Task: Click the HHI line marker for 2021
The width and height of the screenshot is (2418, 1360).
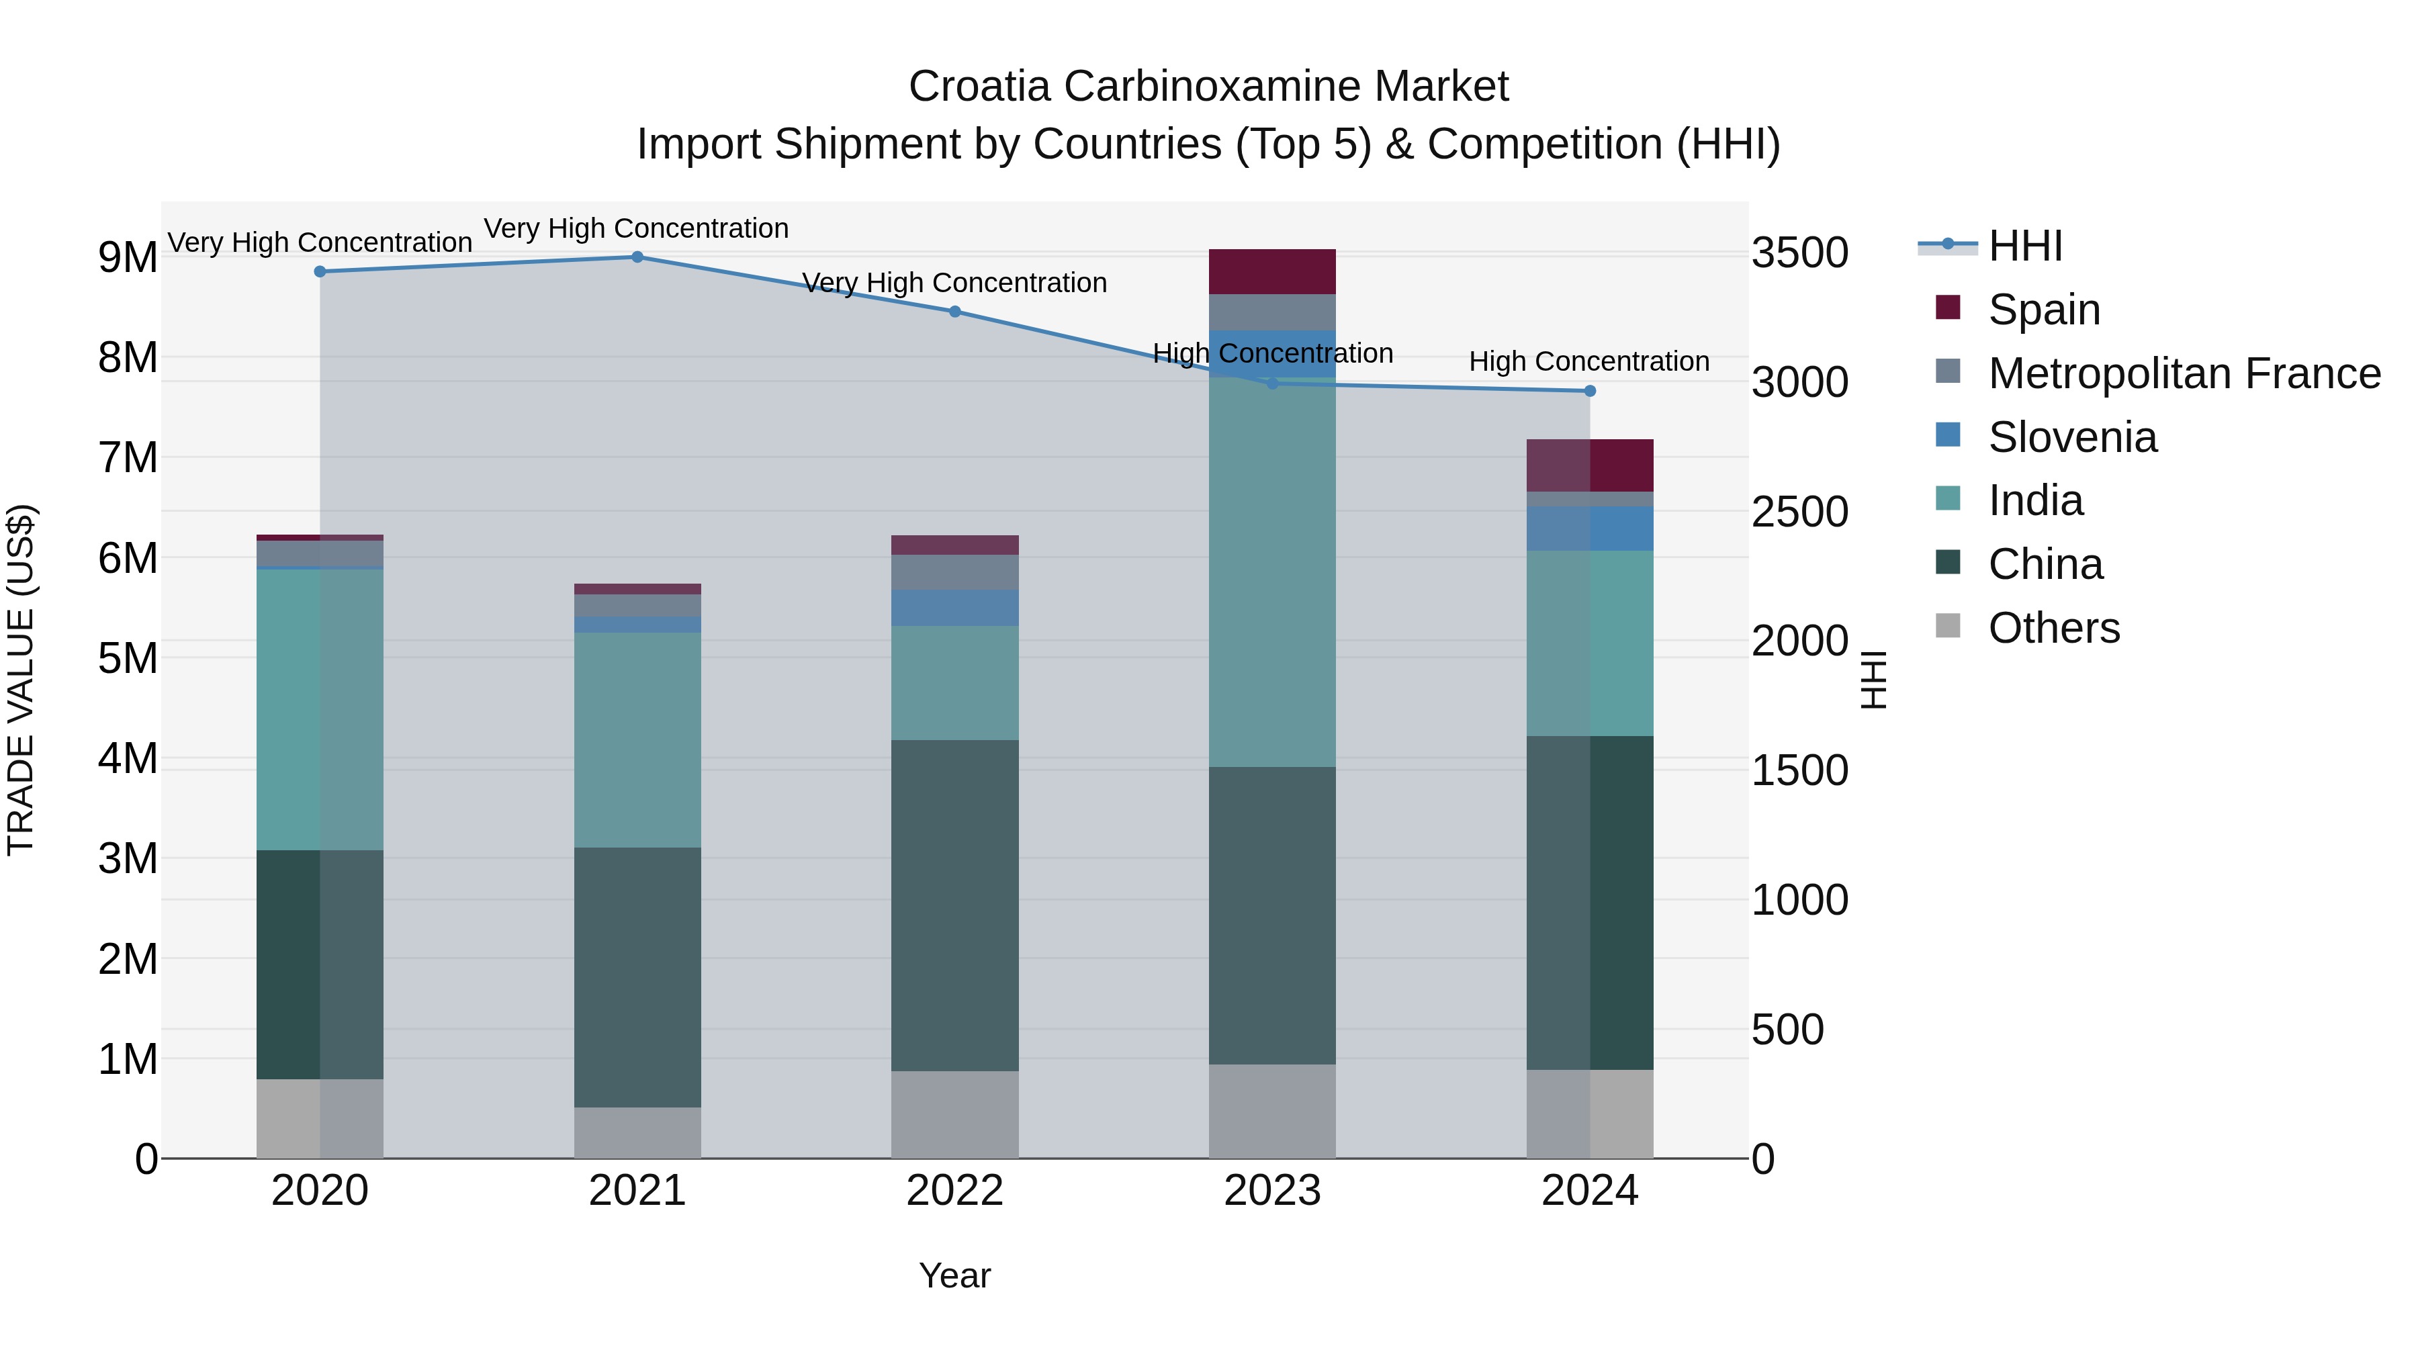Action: coord(637,257)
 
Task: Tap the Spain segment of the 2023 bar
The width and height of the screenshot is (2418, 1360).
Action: coord(1272,272)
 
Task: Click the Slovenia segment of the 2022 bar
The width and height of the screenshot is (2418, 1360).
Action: coord(954,608)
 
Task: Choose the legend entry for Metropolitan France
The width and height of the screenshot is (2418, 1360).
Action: coord(2184,373)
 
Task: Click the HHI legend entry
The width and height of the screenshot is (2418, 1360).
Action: coord(2024,246)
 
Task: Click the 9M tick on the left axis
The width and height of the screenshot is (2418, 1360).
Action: coord(128,257)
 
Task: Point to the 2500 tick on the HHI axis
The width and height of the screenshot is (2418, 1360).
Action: coord(1799,512)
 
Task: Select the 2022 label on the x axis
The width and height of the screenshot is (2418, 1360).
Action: coord(954,1191)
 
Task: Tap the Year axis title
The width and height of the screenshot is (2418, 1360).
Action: coord(954,1275)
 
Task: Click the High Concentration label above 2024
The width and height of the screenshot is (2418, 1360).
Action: coord(1588,361)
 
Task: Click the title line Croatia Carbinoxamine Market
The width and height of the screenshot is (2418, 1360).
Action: coord(1208,87)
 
